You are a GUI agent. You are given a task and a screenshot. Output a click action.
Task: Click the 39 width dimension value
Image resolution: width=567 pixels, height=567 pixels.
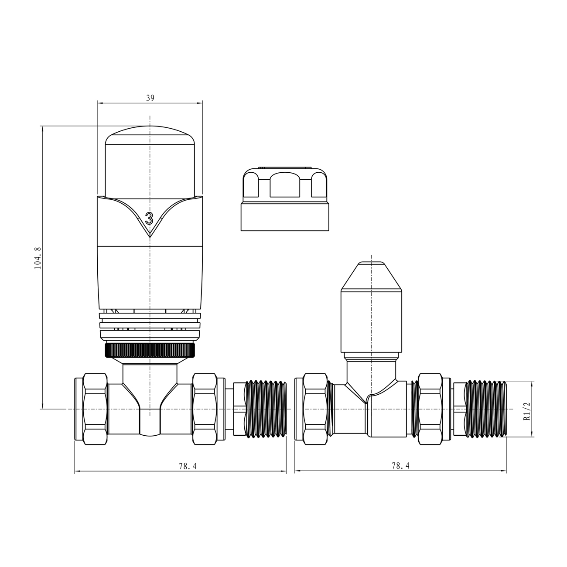pyautogui.click(x=150, y=98)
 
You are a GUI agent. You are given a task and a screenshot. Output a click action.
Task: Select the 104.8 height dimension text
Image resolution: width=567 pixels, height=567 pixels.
pyautogui.click(x=38, y=258)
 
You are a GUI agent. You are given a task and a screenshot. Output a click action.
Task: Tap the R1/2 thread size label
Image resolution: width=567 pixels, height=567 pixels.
pyautogui.click(x=527, y=411)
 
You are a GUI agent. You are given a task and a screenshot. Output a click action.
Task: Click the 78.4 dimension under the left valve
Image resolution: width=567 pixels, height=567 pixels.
pyautogui.click(x=188, y=466)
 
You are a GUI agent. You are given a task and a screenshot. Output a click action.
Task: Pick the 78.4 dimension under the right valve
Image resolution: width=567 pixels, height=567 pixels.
pyautogui.click(x=400, y=466)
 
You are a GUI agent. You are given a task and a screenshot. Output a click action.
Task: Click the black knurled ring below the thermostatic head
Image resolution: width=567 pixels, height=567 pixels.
pyautogui.click(x=150, y=350)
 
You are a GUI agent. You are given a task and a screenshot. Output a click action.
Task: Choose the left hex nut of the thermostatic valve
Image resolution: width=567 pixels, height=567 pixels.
pyautogui.click(x=95, y=408)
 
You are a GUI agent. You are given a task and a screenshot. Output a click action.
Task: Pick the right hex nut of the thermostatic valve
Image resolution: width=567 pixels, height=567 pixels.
pyautogui.click(x=205, y=408)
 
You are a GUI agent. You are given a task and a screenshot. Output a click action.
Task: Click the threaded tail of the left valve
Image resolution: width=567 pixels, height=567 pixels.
pyautogui.click(x=266, y=409)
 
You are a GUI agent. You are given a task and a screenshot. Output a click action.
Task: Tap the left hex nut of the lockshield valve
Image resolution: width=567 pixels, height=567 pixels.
pyautogui.click(x=314, y=409)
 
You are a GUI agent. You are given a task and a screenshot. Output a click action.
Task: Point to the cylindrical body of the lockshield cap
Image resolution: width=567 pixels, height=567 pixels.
pyautogui.click(x=371, y=323)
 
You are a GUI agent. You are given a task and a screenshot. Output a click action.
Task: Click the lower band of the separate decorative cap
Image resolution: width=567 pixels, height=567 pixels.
pyautogui.click(x=284, y=216)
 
